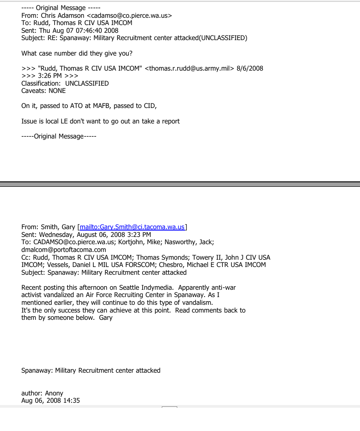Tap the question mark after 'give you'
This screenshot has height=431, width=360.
click(131, 53)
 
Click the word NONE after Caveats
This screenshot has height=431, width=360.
click(57, 91)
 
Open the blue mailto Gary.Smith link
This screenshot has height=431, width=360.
click(133, 227)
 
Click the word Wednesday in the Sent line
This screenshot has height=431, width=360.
click(57, 235)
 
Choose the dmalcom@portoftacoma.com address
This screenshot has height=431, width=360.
click(64, 250)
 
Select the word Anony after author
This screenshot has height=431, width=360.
click(54, 393)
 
